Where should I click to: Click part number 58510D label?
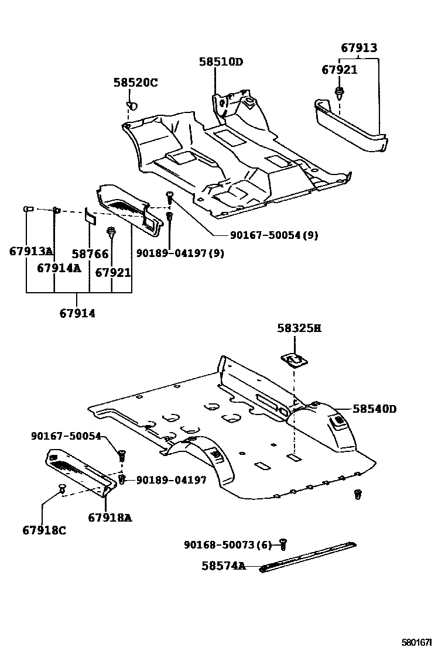tap(220, 62)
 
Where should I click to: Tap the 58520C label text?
tap(135, 83)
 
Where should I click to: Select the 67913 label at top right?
tap(359, 48)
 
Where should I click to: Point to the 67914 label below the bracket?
tap(77, 313)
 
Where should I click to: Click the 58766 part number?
tap(90, 254)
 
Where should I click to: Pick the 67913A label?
tap(31, 252)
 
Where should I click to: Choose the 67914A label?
tap(59, 268)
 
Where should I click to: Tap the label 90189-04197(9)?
tap(180, 253)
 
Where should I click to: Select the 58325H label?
tap(299, 328)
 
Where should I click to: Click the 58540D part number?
tap(374, 409)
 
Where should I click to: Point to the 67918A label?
tap(110, 517)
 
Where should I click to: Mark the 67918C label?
tap(44, 530)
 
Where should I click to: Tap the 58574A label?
tap(223, 566)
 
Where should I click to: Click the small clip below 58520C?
tap(132, 105)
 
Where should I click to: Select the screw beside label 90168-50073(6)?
tap(283, 544)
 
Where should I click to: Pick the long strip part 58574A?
tap(308, 556)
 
